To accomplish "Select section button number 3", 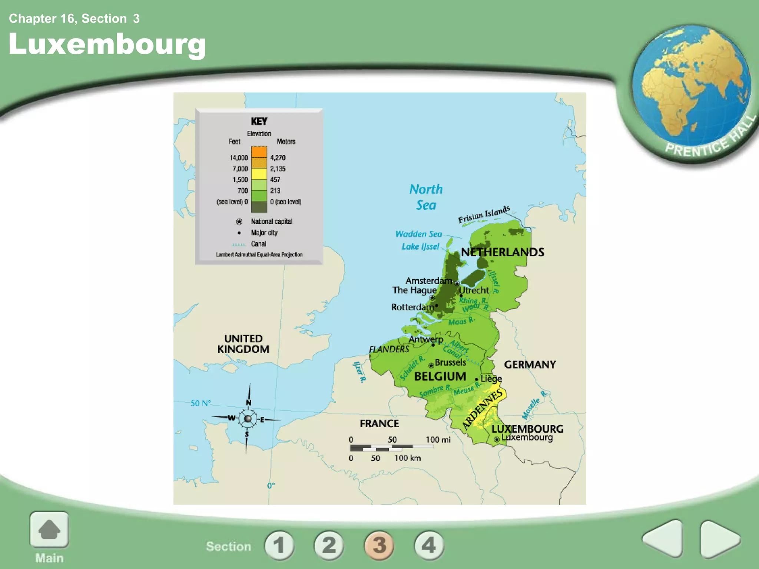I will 379,545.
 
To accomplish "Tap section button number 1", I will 279,545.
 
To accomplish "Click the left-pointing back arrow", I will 663,539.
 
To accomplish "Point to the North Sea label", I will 426,197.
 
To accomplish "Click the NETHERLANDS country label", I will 502,252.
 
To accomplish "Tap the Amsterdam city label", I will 428,281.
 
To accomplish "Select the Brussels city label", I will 450,362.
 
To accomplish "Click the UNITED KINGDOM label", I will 243,344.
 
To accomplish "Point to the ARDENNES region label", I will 483,409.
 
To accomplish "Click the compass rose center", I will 248,419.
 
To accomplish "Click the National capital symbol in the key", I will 239,222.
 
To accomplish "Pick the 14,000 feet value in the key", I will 238,158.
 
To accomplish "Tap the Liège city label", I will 491,379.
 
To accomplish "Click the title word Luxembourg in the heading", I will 107,44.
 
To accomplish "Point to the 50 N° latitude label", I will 200,403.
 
